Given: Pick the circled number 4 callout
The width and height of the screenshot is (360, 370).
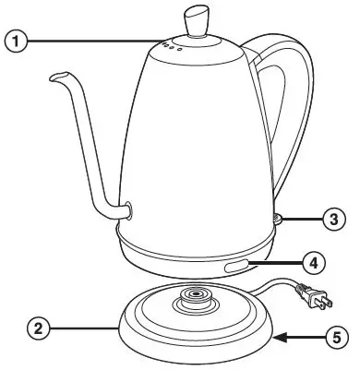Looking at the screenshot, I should tap(314, 263).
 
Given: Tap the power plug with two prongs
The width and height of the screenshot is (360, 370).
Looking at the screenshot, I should tap(318, 296).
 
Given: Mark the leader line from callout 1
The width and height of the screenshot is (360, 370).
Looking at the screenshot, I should tap(92, 41).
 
